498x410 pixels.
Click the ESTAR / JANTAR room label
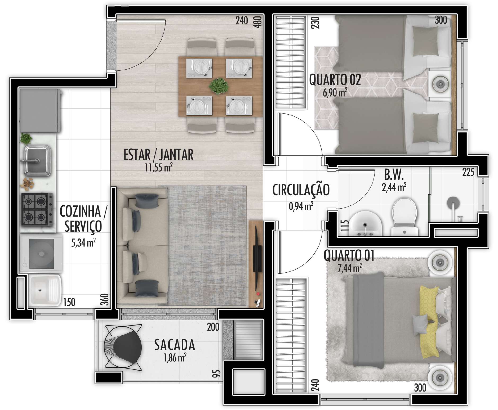(158, 155)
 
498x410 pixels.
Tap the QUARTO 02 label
(335, 80)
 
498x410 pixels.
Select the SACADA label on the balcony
(175, 345)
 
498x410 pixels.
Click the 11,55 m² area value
(159, 168)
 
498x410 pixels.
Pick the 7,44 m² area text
(350, 268)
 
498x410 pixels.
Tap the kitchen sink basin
(37, 160)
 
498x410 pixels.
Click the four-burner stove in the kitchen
(37, 209)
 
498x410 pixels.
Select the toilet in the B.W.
(404, 217)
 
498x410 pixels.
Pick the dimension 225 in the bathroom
(468, 173)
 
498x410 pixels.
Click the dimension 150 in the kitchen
(69, 302)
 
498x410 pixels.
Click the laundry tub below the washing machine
(45, 290)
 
